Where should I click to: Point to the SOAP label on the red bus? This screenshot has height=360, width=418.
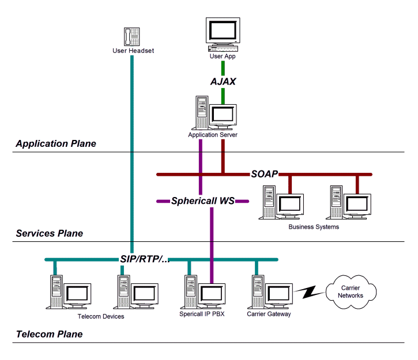pos(265,173)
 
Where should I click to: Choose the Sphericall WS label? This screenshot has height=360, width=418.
pos(202,202)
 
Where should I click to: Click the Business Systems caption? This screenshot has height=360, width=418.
pos(314,227)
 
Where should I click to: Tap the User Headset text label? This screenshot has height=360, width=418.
pos(133,50)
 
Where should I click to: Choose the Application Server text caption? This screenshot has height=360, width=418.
pos(213,135)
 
